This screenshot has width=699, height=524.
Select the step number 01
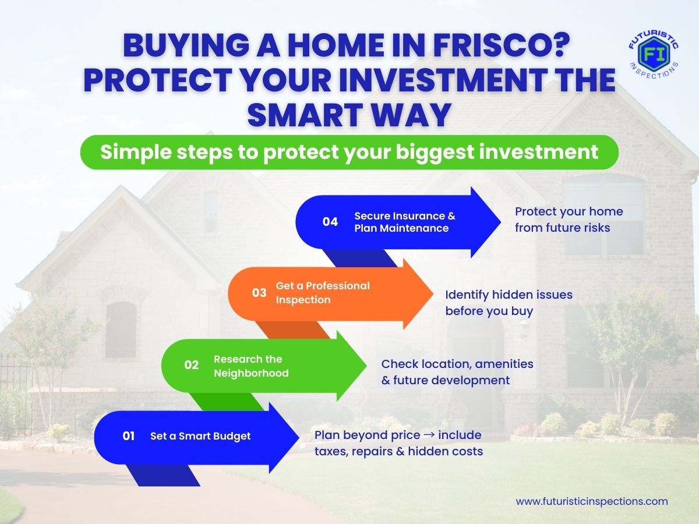(x=128, y=436)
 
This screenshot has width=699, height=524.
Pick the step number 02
(x=192, y=364)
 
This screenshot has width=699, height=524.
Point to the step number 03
(x=259, y=293)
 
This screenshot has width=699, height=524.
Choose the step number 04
(x=330, y=221)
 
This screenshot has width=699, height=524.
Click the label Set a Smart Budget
(x=200, y=436)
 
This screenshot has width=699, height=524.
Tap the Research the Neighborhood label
(x=251, y=366)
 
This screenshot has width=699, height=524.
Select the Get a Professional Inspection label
(x=323, y=293)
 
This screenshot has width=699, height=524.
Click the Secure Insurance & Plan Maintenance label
(x=405, y=222)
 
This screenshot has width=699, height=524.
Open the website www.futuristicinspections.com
(x=592, y=501)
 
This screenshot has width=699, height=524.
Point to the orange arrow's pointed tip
(x=433, y=294)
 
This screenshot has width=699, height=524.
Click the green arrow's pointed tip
(x=366, y=366)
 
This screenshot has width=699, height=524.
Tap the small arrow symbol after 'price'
(x=429, y=434)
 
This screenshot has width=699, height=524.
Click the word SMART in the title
(x=308, y=115)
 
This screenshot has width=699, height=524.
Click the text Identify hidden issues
(x=509, y=295)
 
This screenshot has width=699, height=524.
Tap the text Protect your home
(x=569, y=212)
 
